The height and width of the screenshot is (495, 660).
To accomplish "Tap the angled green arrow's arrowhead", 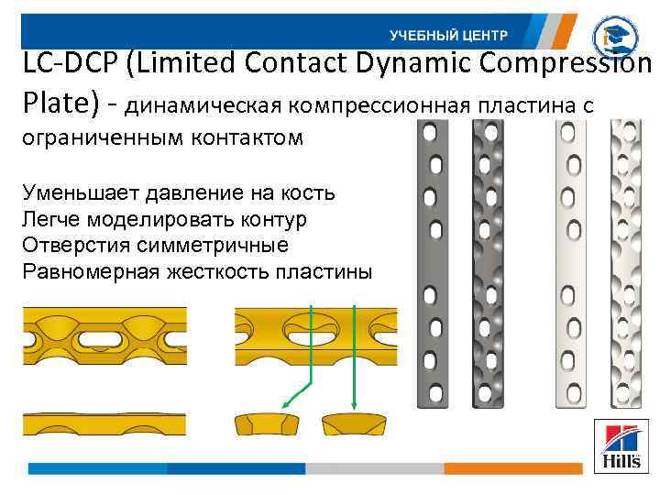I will pos(284,403).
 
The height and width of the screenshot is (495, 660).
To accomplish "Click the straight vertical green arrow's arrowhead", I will pos(354,404).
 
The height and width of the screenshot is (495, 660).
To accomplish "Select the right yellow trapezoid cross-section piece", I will pos(357,425).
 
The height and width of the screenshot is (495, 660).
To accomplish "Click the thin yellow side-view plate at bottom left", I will pos(104,423).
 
